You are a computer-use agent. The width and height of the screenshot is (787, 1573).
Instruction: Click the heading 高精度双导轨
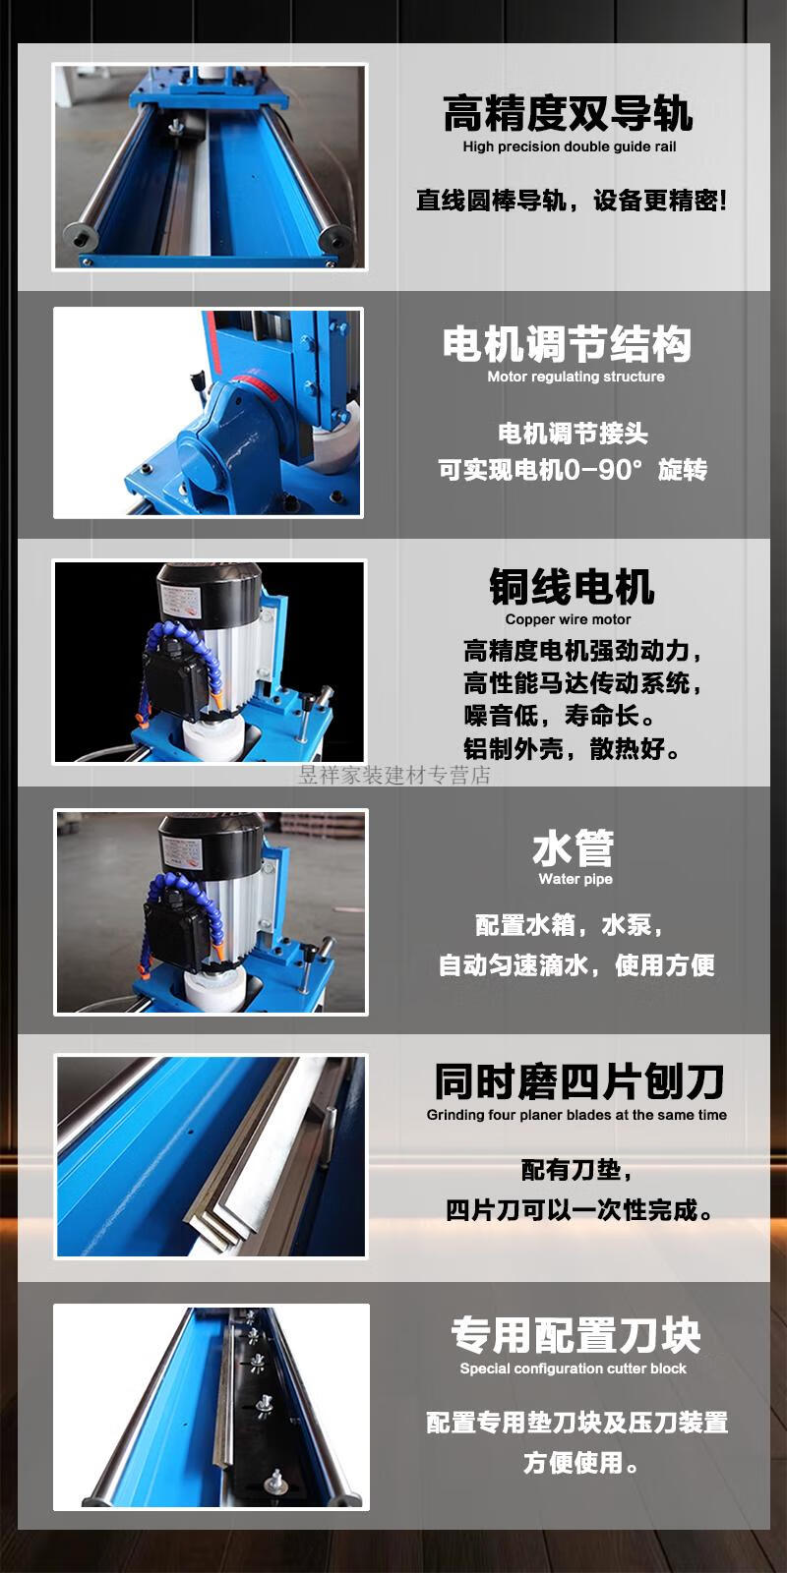coord(568,114)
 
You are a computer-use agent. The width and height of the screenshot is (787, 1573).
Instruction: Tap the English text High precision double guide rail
coord(570,146)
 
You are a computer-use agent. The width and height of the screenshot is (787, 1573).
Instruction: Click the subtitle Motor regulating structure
coord(575,377)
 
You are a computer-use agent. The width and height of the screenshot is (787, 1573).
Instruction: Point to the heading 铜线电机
coord(572,586)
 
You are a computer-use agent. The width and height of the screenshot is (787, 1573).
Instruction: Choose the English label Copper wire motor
coord(568,619)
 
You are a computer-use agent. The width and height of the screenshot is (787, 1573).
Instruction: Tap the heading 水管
coord(574,847)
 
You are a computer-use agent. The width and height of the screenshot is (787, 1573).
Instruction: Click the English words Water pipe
coord(575,879)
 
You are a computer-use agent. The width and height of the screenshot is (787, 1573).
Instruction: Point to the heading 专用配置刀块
coord(575,1335)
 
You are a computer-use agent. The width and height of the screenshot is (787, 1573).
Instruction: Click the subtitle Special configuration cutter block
coord(573,1368)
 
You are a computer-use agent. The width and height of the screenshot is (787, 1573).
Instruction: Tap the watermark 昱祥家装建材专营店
coord(394,776)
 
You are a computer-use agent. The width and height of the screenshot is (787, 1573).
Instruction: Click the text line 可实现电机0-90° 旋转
coord(573,470)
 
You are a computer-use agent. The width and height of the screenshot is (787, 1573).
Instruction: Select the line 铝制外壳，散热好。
coord(572,748)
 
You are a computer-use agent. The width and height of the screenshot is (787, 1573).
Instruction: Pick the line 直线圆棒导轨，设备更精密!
coord(572,201)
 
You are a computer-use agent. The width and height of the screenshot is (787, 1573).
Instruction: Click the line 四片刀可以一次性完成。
coord(579,1210)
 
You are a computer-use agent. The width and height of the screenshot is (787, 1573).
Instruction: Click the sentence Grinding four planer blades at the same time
coord(576,1115)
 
